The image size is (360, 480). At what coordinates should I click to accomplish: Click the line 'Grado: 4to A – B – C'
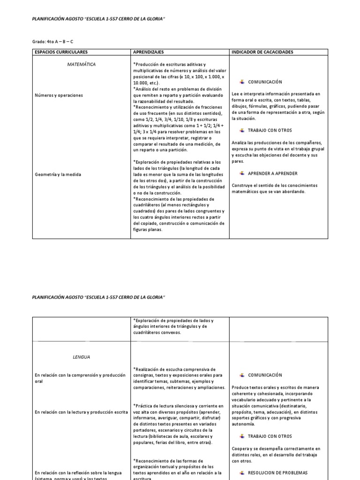pyautogui.click(x=52, y=42)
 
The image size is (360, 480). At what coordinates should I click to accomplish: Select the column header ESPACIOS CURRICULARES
pyautogui.click(x=61, y=52)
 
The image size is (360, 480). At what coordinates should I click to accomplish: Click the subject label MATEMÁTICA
pyautogui.click(x=82, y=64)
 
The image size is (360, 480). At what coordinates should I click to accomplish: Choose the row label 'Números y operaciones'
pyautogui.click(x=59, y=95)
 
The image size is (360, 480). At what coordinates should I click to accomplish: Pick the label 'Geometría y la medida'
pyautogui.click(x=58, y=174)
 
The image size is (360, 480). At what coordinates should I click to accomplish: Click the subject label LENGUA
pyautogui.click(x=81, y=357)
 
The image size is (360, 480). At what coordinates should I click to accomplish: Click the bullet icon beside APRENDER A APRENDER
pyautogui.click(x=242, y=173)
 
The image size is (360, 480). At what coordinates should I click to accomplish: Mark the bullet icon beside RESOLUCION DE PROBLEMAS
pyautogui.click(x=242, y=472)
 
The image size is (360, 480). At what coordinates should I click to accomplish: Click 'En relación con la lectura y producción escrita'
pyautogui.click(x=81, y=412)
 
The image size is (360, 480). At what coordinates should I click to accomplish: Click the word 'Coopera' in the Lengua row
pyautogui.click(x=240, y=449)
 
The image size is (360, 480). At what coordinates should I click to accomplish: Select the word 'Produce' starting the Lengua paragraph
pyautogui.click(x=240, y=388)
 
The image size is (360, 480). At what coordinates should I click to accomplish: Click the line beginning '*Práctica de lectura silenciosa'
pyautogui.click(x=178, y=405)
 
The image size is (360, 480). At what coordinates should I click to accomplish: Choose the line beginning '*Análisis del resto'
pyautogui.click(x=177, y=89)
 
